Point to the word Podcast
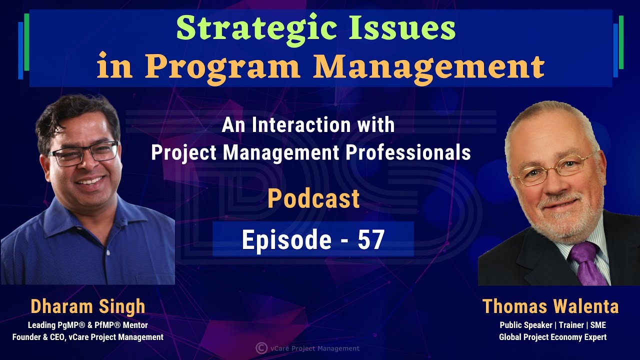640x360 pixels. click(x=313, y=198)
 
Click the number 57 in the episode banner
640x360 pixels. click(x=371, y=240)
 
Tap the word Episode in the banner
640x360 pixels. click(x=286, y=240)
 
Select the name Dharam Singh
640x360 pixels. click(x=87, y=306)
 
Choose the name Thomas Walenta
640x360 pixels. click(x=550, y=306)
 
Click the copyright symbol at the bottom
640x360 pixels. click(x=260, y=348)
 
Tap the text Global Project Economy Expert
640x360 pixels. click(x=552, y=337)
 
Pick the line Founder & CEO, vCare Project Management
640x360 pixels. click(x=88, y=337)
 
